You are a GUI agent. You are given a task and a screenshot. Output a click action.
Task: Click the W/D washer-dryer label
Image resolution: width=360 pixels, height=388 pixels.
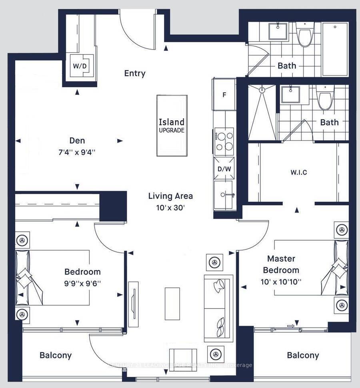[80, 66]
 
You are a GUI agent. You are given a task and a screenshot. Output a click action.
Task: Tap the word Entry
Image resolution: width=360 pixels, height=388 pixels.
[135, 74]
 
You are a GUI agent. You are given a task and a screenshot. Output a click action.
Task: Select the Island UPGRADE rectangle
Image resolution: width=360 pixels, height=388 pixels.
[172, 125]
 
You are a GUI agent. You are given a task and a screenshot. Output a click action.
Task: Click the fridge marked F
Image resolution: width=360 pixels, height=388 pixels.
[224, 95]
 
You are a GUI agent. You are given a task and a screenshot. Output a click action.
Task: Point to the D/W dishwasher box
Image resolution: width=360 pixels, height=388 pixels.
[224, 169]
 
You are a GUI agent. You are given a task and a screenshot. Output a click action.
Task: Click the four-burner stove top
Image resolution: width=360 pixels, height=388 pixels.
[224, 141]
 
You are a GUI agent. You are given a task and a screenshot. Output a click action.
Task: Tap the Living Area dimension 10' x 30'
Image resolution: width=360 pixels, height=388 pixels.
[171, 207]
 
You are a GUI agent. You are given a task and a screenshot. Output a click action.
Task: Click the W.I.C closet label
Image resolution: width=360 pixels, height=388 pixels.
[299, 173]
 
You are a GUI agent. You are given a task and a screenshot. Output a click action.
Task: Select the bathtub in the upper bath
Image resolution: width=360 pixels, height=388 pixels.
[335, 49]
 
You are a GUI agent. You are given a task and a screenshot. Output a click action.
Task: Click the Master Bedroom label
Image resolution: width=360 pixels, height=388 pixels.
[283, 264]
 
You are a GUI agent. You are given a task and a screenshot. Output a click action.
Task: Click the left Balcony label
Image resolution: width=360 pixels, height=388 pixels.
[56, 355]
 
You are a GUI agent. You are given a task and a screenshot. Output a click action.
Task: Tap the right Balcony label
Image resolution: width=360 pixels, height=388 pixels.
[303, 355]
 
